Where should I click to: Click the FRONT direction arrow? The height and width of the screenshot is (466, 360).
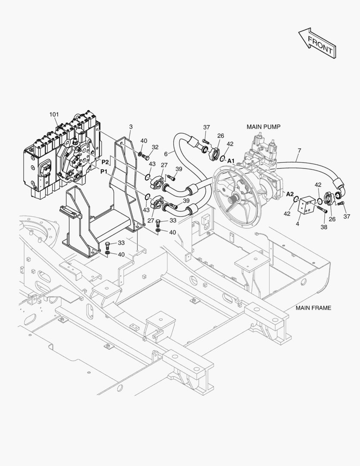click(x=317, y=43)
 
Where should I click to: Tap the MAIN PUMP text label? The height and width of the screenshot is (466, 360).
click(x=263, y=127)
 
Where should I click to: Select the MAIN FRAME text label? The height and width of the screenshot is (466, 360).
click(x=313, y=308)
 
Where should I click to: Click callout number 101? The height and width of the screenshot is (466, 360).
click(x=54, y=114)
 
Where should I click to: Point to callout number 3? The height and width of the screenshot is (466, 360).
click(x=131, y=126)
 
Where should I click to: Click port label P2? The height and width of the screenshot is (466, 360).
click(x=105, y=162)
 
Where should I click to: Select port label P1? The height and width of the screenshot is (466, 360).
click(x=103, y=171)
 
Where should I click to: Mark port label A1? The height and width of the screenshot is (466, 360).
click(x=231, y=161)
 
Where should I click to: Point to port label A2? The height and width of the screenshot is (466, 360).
click(x=290, y=194)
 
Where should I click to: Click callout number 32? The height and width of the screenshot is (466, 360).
click(x=155, y=147)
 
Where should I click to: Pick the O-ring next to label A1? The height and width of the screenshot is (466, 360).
click(x=223, y=159)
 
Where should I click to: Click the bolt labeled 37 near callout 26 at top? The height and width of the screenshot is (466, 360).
click(x=206, y=142)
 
